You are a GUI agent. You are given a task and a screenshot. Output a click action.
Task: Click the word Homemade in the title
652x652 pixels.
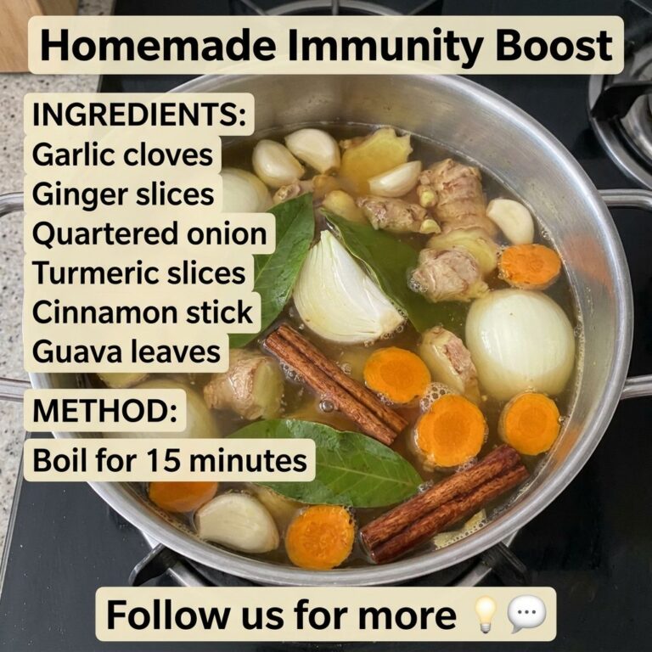[x=158, y=46]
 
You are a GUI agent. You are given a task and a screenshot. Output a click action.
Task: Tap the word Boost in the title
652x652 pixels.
[x=554, y=46]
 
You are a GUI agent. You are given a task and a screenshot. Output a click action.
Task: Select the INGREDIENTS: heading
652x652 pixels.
[x=139, y=115]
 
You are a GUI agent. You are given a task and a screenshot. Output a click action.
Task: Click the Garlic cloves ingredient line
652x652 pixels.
[x=122, y=155]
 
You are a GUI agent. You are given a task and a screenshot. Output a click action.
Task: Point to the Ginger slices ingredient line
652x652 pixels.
[x=123, y=194]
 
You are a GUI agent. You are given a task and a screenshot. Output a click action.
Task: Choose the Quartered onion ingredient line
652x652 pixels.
[x=149, y=233]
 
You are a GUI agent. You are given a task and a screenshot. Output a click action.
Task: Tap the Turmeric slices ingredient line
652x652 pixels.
[x=139, y=273]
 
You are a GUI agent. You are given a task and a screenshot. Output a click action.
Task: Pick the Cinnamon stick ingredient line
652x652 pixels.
[x=143, y=312]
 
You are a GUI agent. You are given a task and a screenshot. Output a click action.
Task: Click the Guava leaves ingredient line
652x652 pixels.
[x=126, y=351]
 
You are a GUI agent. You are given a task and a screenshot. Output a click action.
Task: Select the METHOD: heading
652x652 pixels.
[x=104, y=410]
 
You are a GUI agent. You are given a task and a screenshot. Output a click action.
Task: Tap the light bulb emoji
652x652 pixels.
[x=486, y=614]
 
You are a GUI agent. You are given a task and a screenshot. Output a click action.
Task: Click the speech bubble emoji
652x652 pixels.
[x=527, y=615]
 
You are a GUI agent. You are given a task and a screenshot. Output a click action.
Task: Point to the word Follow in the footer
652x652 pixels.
[x=165, y=615]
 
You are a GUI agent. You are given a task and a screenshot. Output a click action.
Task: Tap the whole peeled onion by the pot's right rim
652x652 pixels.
[x=520, y=343]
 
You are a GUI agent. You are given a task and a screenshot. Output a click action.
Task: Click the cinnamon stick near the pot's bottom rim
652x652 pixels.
[x=444, y=503]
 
